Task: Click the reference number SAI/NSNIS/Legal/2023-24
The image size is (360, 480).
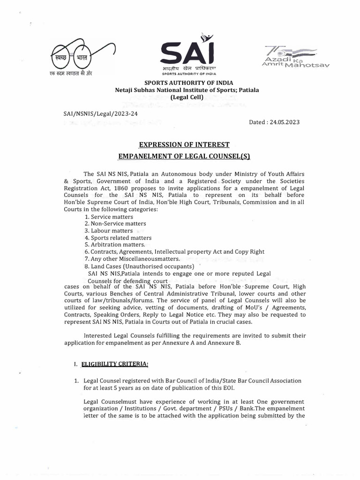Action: click(x=100, y=113)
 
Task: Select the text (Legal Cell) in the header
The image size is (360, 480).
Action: click(x=181, y=97)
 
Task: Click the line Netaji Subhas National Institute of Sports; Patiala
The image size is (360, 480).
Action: click(x=181, y=90)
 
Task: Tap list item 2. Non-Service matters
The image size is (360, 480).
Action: click(x=115, y=224)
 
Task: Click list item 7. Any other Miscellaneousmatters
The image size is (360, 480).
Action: click(x=132, y=258)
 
